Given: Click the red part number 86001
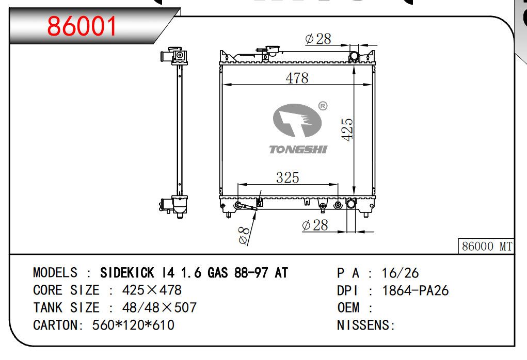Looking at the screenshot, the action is [x=82, y=26].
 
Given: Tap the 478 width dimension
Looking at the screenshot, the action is [x=297, y=78].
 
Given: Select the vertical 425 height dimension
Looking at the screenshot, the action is [x=347, y=129].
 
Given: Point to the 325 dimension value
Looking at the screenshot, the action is [x=288, y=177].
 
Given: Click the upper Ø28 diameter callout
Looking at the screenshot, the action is [x=318, y=39].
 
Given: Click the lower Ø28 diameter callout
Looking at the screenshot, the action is [x=315, y=225].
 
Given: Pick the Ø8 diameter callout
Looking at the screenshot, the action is [x=244, y=235].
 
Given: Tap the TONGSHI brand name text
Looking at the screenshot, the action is [x=298, y=150].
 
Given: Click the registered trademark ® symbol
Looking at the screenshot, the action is [x=323, y=106].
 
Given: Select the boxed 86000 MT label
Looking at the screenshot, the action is [x=486, y=246].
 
